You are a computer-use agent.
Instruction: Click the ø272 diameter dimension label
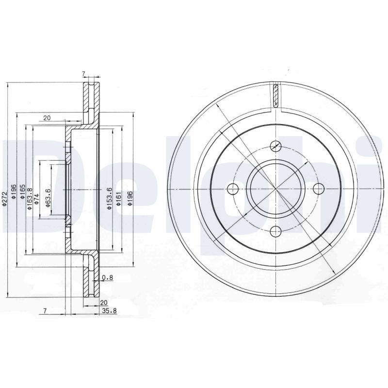click(4, 198)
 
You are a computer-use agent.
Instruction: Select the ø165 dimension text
click(22, 192)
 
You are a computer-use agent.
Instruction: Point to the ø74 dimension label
click(36, 199)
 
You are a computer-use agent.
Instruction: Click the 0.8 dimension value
click(107, 277)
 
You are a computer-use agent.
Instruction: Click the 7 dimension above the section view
click(83, 74)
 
